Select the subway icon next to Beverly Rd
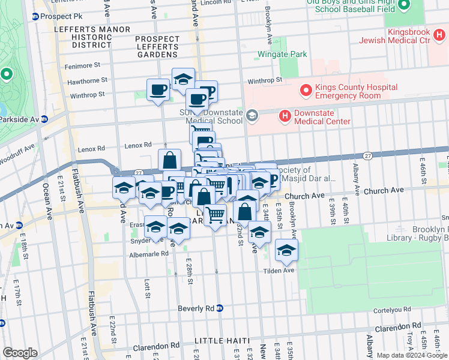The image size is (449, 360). coord(220,308)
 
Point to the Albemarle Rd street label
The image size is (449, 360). coord(148,254)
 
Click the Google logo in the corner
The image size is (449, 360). coord(20,353)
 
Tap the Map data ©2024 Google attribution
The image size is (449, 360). coord(411,355)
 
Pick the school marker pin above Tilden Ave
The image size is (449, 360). coord(287,251)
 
